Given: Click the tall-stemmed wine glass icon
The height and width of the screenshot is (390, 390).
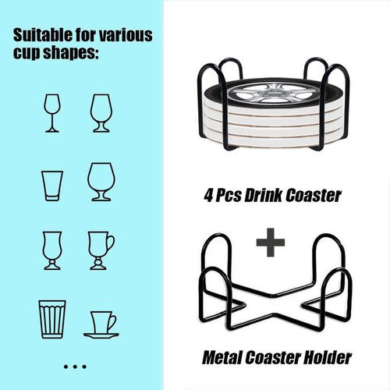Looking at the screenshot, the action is pos(52,113).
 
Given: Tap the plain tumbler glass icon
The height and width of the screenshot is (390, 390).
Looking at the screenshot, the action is pos(52,186).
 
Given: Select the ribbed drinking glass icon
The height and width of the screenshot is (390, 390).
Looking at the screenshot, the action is pos(52,319).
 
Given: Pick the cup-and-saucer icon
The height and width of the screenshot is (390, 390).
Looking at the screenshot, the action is pos(101,324).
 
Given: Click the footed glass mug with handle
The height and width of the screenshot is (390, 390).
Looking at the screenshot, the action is pos(101,250).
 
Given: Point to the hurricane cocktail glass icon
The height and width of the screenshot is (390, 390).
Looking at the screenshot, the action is pos(52,250).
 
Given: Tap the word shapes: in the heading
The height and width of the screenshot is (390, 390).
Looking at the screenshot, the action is pos(71,53).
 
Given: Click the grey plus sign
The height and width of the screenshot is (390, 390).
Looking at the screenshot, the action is pos(271,243).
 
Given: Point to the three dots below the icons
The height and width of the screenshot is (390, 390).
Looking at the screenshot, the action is pos(75,367).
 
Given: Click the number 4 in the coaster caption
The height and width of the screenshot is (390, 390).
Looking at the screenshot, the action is pos(209,196).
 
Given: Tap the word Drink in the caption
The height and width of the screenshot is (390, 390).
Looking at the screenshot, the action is pos(263,196).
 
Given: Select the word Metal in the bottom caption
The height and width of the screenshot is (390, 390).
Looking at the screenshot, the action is pos(222,358).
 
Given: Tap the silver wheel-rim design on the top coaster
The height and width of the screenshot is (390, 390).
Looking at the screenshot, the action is pos(273,93).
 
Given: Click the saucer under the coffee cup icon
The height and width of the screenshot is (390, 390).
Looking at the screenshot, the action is pos(101,335).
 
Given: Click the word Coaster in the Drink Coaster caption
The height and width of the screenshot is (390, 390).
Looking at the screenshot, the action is pos(314,196).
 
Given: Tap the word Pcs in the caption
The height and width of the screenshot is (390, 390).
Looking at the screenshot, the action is pos(229,196).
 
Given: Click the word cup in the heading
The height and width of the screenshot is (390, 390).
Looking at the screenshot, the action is pos(27,54).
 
